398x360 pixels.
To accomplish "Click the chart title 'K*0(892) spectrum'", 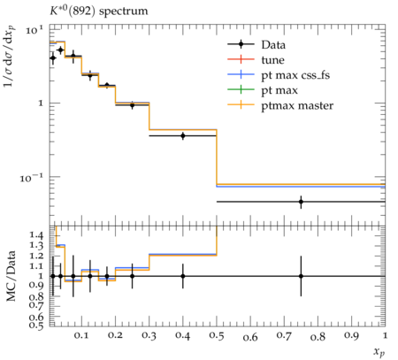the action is click(98, 11).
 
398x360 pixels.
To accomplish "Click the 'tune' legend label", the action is click(272, 60).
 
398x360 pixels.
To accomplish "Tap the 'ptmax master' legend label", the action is click(297, 106).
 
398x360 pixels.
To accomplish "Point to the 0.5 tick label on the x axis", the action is click(217, 336).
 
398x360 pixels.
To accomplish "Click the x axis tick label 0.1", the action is click(81, 336).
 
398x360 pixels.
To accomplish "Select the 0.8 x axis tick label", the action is click(318, 336).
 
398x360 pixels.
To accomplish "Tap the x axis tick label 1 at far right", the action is click(385, 336).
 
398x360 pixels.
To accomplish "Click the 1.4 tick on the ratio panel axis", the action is click(36, 235).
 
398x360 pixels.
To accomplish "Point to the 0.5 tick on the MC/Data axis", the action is click(36, 325).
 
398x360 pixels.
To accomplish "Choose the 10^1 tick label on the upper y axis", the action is click(34, 30).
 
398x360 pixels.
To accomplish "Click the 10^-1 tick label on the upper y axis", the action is click(32, 178).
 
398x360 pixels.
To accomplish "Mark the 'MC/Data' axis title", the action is click(11, 276).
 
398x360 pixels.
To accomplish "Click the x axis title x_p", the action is click(379, 352).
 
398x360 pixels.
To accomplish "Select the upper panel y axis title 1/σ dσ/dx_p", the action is click(10, 57).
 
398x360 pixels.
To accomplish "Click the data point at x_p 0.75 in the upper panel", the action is click(301, 202).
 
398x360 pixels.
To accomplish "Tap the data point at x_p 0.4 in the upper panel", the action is click(183, 136).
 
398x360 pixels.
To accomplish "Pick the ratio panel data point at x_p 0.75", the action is click(301, 276).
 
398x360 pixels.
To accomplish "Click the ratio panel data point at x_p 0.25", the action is click(132, 276).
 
